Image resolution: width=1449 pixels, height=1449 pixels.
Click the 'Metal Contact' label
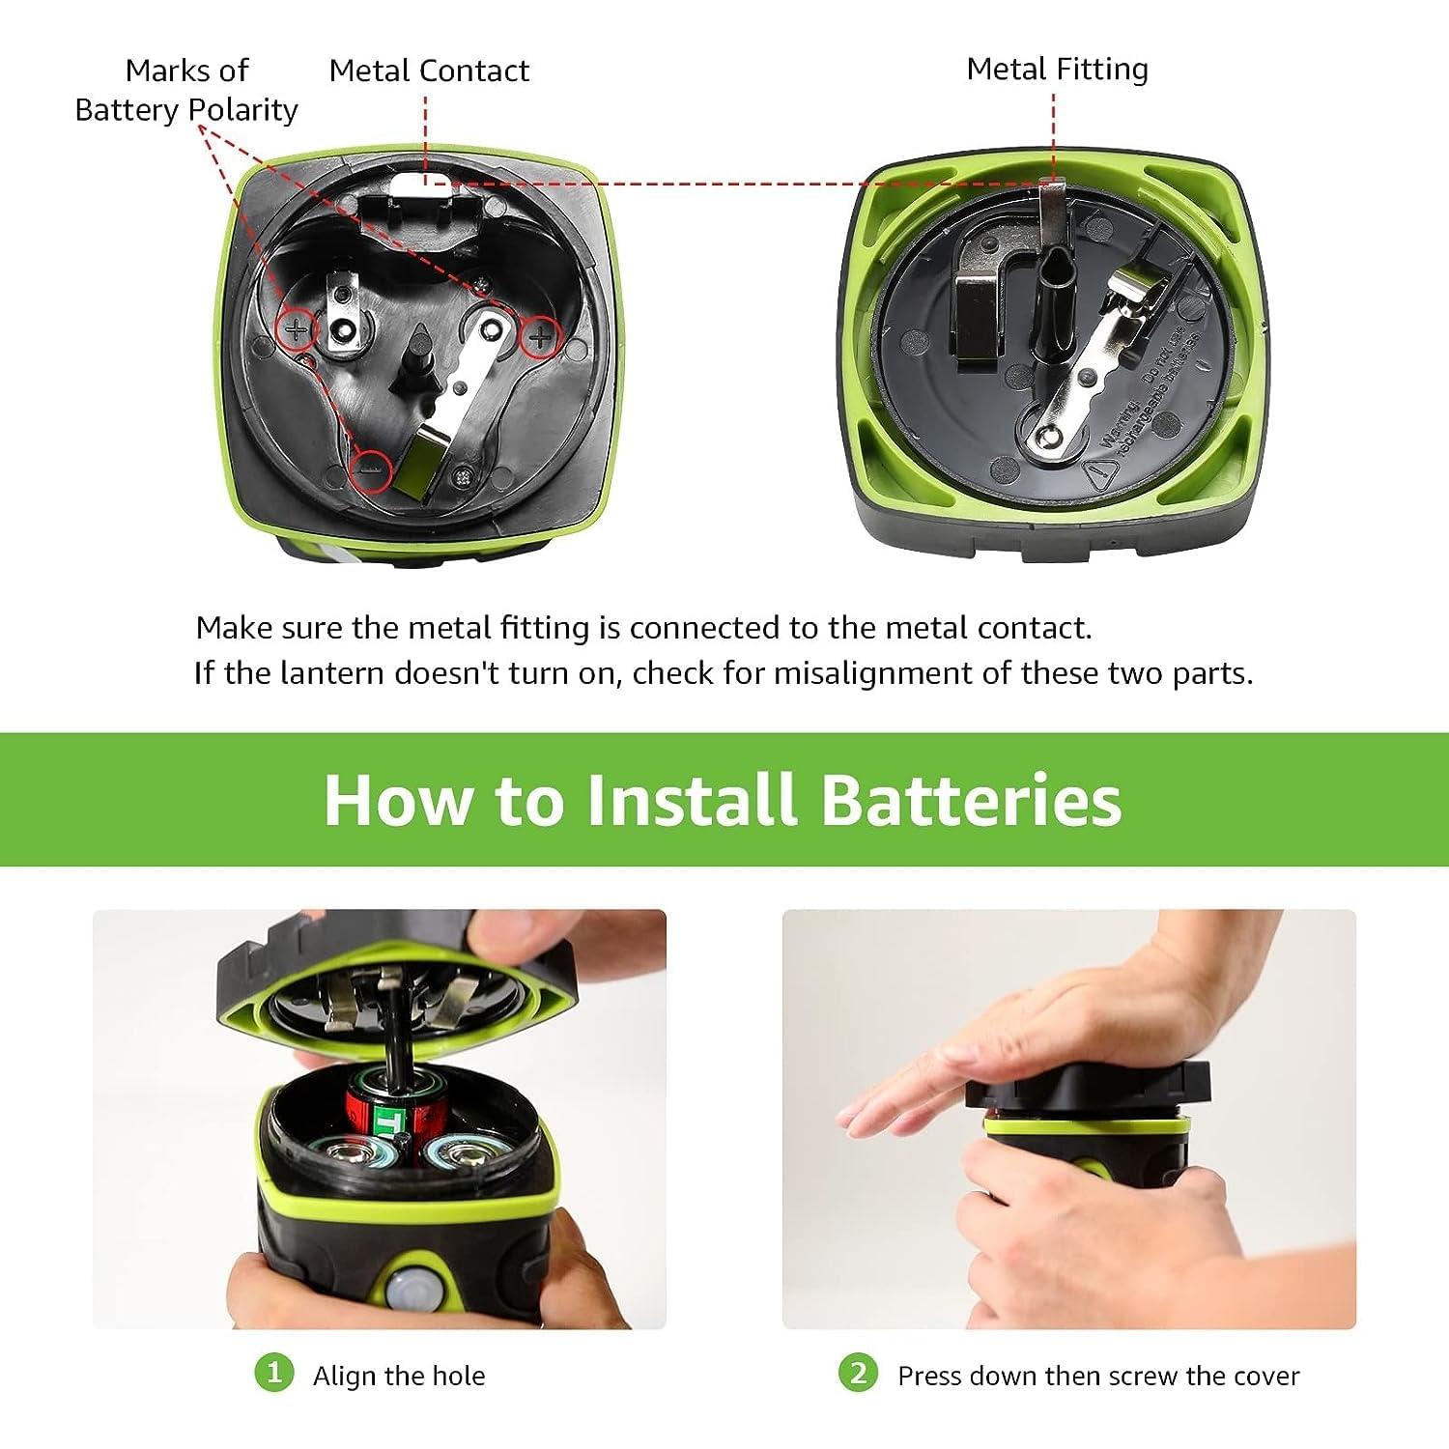[x=428, y=71]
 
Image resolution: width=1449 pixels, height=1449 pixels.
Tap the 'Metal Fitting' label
[x=1057, y=70]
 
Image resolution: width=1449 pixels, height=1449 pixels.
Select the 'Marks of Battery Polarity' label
[x=186, y=90]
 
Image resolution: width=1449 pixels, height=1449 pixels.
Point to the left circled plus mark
[x=297, y=331]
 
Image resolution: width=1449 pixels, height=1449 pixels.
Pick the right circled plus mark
[x=540, y=337]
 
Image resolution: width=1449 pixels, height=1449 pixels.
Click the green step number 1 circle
[x=273, y=1373]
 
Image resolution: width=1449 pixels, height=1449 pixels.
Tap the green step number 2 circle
[x=858, y=1373]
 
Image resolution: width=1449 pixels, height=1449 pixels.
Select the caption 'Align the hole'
[x=399, y=1376]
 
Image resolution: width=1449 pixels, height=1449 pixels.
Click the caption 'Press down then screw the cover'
[x=1098, y=1376]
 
